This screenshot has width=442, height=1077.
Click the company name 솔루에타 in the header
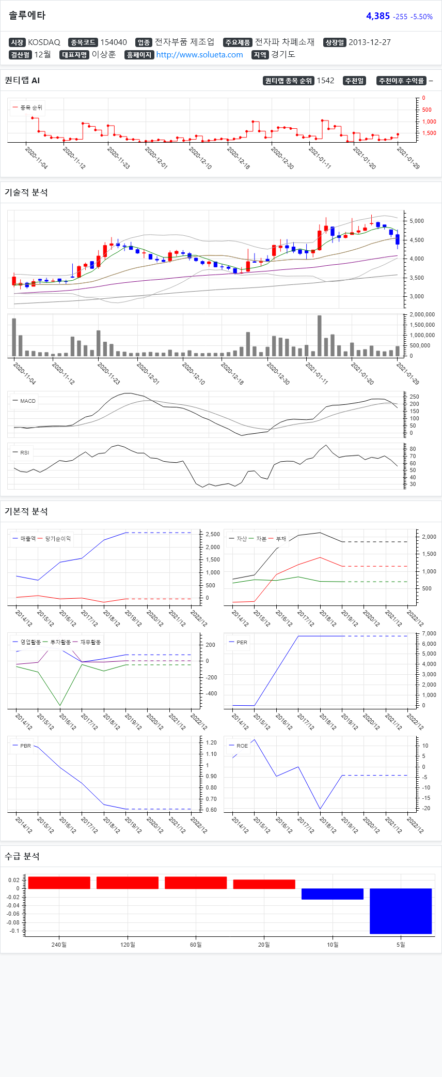pos(27,16)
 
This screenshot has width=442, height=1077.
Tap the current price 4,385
pos(377,16)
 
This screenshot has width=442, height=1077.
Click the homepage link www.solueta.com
pos(199,55)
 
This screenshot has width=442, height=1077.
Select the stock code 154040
pos(113,42)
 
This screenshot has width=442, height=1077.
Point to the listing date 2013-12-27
pos(369,42)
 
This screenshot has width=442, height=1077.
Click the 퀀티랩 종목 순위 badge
pos(289,81)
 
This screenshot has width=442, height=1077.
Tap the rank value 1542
pos(325,81)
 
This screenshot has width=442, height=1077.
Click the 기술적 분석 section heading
pos(26,192)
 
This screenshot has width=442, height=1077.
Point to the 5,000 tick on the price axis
pos(416,221)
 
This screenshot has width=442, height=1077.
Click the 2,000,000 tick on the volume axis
pos(422,314)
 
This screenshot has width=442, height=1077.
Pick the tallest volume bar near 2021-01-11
pos(319,336)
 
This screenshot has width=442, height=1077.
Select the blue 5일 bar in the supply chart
pos(400,911)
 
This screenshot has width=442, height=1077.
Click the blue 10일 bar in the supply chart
pos(332,894)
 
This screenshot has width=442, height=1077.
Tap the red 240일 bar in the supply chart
pos(59,883)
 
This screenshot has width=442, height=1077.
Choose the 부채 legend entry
pos(281,539)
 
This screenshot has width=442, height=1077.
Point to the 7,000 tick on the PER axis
pos(429,633)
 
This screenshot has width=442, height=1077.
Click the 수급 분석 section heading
pos(22,856)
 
